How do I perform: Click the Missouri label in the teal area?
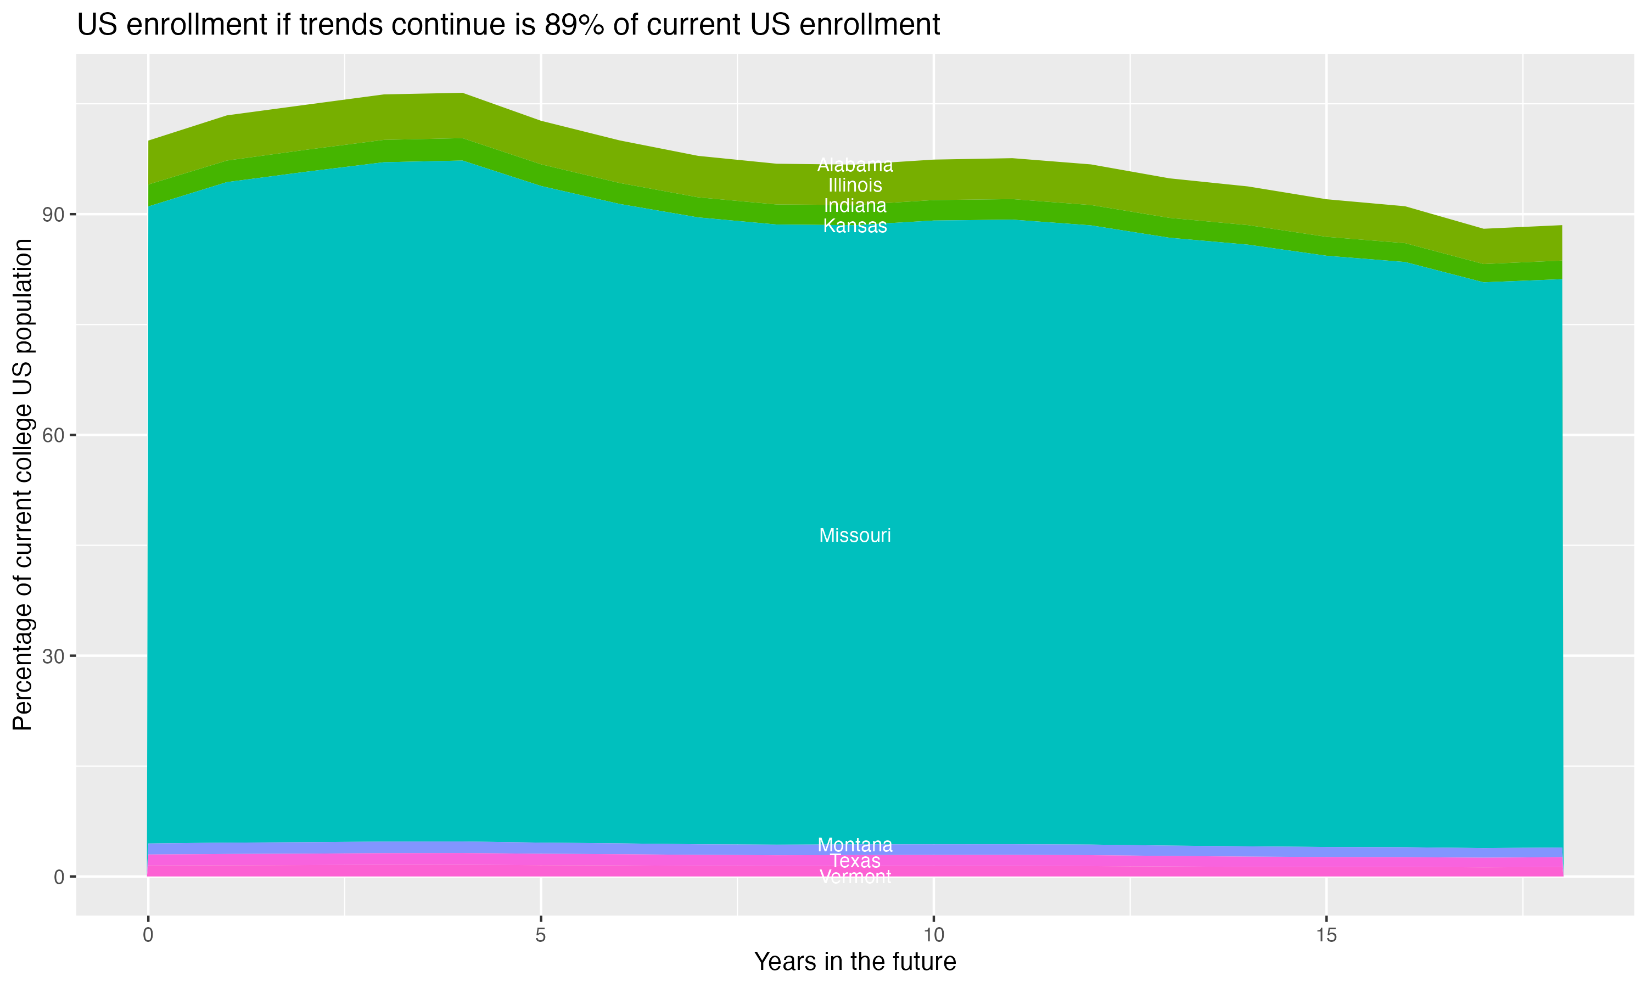click(x=855, y=535)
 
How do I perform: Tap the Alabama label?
click(x=855, y=165)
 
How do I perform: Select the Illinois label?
click(x=855, y=185)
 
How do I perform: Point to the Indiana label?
click(x=855, y=206)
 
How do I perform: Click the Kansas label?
click(x=855, y=226)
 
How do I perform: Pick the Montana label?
click(x=855, y=845)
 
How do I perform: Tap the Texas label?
click(x=855, y=861)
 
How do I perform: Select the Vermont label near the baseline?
click(x=855, y=877)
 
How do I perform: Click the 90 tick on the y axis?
click(x=53, y=215)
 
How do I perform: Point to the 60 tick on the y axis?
click(x=53, y=435)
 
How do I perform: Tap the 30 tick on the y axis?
click(x=53, y=656)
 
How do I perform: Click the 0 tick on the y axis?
click(x=59, y=877)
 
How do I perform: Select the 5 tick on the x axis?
click(x=541, y=935)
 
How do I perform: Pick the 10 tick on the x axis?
click(x=933, y=935)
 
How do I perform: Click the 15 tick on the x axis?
click(x=1326, y=935)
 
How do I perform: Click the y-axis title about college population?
click(x=23, y=485)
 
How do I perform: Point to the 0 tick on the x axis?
click(x=148, y=935)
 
